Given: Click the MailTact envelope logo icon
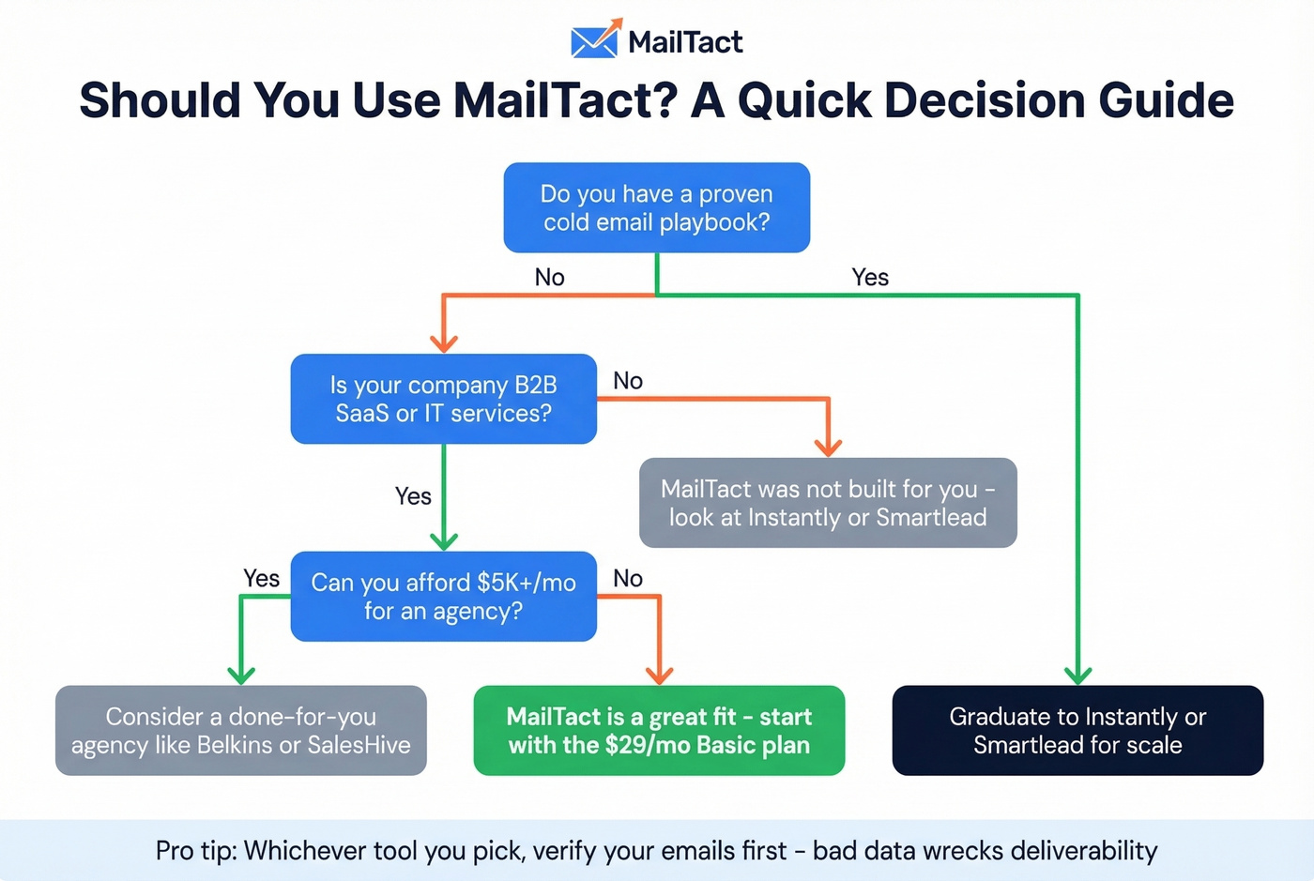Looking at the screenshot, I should click(595, 39).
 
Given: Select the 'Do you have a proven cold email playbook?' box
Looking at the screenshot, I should click(656, 207).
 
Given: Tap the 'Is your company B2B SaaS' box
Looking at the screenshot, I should click(443, 399).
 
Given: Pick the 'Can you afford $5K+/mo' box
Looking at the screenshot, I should click(443, 597).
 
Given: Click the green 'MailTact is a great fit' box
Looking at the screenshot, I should click(659, 730).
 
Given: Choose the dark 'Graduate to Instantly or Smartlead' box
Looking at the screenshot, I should click(1077, 730).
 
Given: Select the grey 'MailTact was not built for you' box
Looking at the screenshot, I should click(828, 503).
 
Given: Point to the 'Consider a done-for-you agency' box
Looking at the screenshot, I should click(241, 730).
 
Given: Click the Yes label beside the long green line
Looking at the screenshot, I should click(870, 277).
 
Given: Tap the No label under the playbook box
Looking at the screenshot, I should click(549, 277).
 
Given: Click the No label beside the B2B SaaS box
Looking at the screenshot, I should click(628, 380).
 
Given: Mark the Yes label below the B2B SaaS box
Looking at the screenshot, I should click(413, 495).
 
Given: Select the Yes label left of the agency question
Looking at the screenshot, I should click(261, 578).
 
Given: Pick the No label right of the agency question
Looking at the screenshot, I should click(628, 578).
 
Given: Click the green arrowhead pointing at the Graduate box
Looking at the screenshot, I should click(1077, 676).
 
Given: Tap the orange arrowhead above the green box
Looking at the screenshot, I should click(660, 676).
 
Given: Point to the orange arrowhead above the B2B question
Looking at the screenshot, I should click(443, 343).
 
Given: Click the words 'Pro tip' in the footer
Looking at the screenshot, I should click(194, 850).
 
